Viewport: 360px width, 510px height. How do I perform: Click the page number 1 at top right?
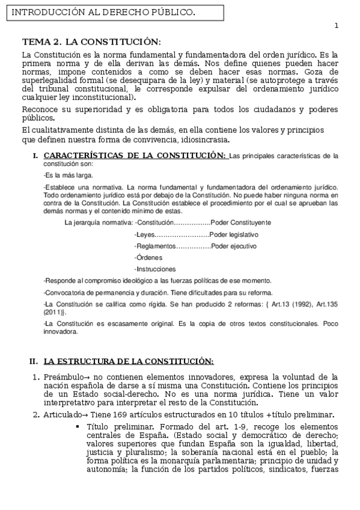(337, 25)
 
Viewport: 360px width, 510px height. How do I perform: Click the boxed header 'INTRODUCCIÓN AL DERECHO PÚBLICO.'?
(103, 12)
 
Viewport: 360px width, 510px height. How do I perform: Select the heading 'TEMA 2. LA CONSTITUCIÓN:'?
(91, 41)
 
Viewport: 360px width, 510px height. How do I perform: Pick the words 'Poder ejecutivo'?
(234, 246)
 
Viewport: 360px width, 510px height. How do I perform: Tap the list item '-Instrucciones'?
(155, 269)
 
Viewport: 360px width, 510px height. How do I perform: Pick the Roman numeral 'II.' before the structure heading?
(34, 361)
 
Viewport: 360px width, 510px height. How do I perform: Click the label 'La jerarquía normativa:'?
(99, 223)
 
